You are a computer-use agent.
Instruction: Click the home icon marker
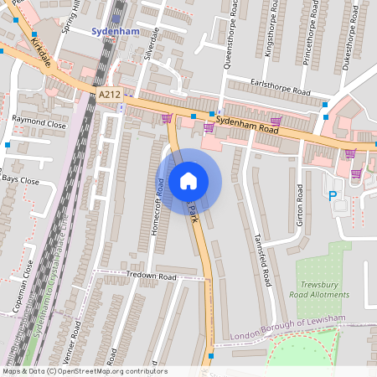tap(188, 180)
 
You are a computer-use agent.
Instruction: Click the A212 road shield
tap(109, 96)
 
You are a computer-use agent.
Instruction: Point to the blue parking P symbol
tap(333, 196)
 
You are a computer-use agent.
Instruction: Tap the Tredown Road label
tap(151, 276)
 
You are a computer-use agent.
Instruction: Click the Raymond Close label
tap(39, 123)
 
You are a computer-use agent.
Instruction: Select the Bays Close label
tap(20, 180)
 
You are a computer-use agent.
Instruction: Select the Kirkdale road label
tap(39, 52)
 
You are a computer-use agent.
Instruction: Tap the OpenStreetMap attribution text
tap(84, 371)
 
